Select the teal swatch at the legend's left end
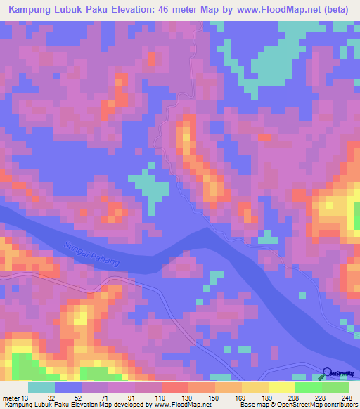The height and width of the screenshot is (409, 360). [41, 387]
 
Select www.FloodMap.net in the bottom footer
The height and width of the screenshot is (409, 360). [183, 405]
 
